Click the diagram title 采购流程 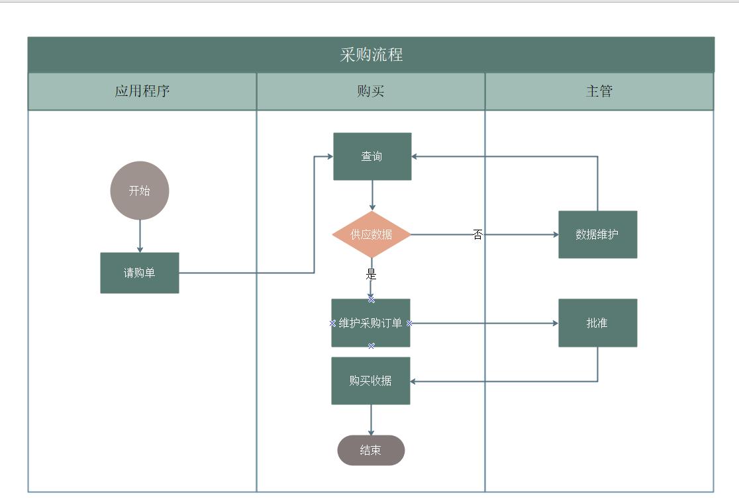pos(371,55)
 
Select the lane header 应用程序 pos(142,91)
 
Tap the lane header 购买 pos(370,91)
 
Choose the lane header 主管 pos(599,91)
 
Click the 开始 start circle pos(140,191)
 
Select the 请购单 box pos(140,273)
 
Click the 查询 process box pos(372,156)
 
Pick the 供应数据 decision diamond pos(371,234)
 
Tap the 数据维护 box pos(597,234)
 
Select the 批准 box pos(597,323)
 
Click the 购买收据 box pos(371,381)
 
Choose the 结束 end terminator pos(371,450)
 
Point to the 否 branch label pos(477,234)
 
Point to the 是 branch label pos(371,274)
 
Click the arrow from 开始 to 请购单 pos(140,236)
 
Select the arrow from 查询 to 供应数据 pos(372,195)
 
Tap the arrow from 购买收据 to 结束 pos(371,420)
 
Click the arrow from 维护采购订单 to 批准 pos(483,323)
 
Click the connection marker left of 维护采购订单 pos(332,323)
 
